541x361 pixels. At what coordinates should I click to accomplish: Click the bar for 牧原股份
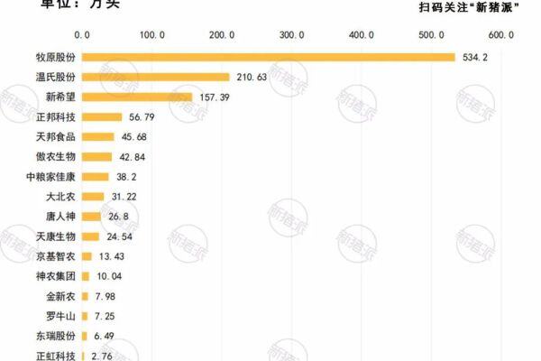point(269,58)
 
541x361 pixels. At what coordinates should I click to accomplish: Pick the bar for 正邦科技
point(102,117)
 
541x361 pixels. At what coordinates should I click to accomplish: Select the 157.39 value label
point(215,97)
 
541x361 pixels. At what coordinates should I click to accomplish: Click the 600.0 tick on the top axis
point(500,34)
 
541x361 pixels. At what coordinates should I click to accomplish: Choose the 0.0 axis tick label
point(82,34)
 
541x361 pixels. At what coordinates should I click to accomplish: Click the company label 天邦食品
point(57,137)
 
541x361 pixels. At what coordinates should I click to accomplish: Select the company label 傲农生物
point(57,157)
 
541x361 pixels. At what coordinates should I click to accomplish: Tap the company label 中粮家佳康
point(51,177)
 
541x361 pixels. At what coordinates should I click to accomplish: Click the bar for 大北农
point(93,197)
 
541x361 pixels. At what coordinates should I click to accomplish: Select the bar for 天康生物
point(90,236)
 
